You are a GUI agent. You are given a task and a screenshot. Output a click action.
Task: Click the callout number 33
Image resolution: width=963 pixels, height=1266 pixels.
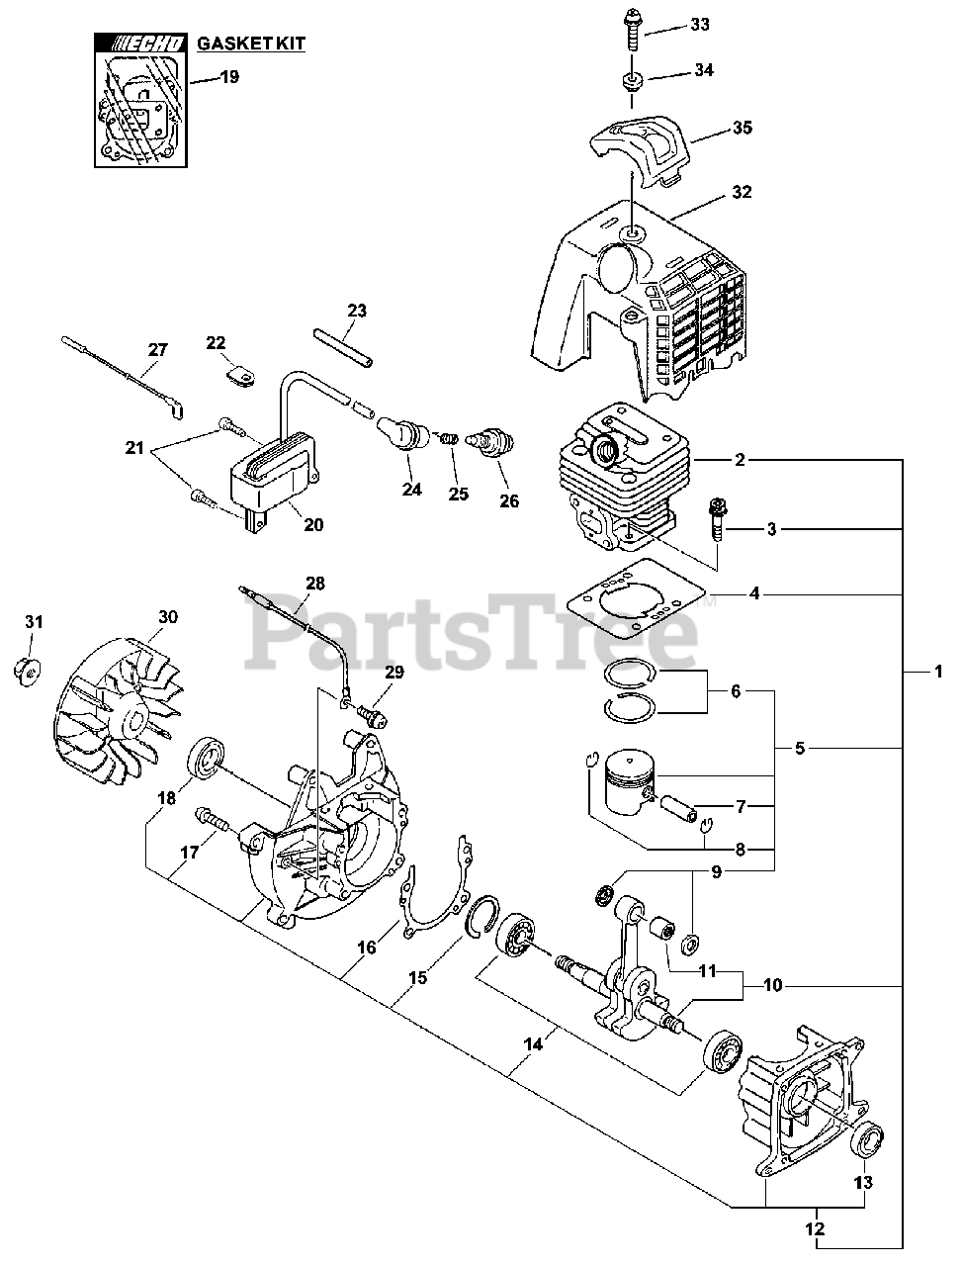click(x=699, y=25)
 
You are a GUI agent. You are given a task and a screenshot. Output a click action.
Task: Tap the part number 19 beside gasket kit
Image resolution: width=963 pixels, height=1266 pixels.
click(x=229, y=76)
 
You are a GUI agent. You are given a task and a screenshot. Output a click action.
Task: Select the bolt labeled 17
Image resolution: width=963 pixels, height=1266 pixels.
click(x=214, y=819)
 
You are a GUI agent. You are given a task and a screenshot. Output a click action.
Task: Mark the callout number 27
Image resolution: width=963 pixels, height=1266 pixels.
click(x=158, y=349)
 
